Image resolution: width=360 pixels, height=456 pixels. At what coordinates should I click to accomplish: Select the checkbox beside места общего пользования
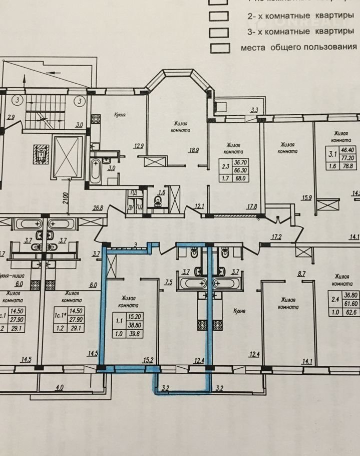tap(221, 48)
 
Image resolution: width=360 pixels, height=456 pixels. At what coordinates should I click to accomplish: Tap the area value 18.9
tap(194, 149)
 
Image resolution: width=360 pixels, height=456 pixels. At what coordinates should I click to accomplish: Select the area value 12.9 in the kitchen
tap(139, 146)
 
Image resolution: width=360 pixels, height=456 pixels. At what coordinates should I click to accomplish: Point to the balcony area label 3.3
tap(254, 110)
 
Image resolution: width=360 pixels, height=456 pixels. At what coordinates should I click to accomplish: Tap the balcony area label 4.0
tap(60, 387)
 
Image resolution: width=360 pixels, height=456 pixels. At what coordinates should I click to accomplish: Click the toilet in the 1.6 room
tap(158, 201)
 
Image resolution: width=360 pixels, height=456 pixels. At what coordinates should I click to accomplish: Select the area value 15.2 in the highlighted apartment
tap(148, 359)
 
